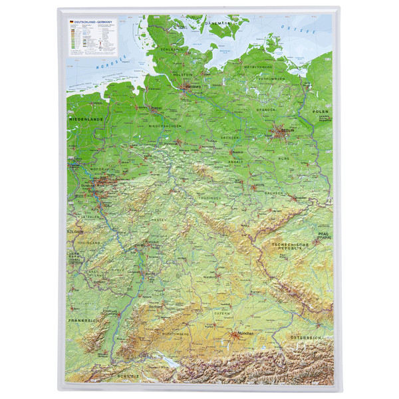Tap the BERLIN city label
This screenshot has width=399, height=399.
(x=288, y=132)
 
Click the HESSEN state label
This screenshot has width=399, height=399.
(x=158, y=219)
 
